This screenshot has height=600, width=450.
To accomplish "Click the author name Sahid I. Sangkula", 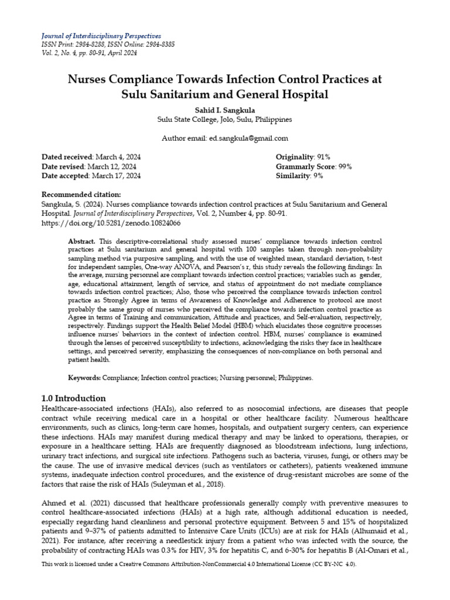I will tap(225, 109).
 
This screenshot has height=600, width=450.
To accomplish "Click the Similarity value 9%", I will tap(319, 176).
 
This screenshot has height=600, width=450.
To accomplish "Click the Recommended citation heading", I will tap(81, 195).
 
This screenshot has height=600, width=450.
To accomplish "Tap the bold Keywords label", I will tap(84, 378).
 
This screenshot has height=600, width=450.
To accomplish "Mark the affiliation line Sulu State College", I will tap(225, 119).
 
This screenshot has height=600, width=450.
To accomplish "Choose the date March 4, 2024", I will tap(116, 157).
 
